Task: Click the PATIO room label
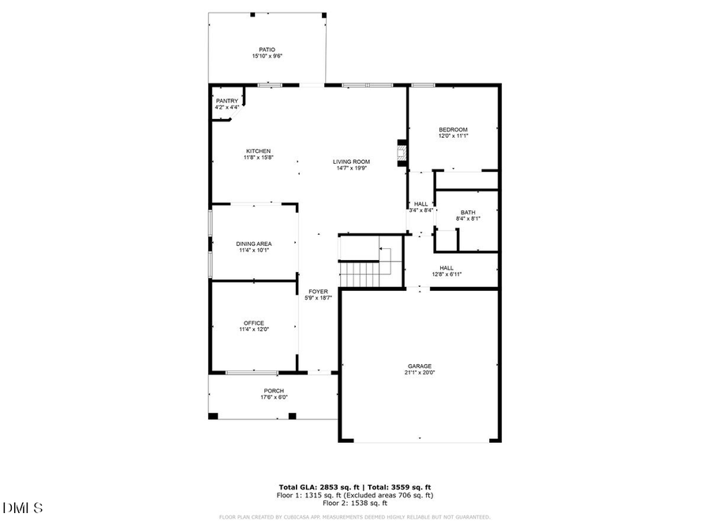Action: [x=267, y=49]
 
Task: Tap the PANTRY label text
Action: [x=227, y=101]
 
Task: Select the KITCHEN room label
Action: [x=258, y=151]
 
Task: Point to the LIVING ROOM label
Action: [x=351, y=162]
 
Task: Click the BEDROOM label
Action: [x=453, y=129]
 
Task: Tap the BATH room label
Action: [x=468, y=212]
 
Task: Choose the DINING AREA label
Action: [x=253, y=244]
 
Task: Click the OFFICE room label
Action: [x=253, y=322]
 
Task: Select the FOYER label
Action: [x=318, y=291]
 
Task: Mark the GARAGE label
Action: [x=419, y=366]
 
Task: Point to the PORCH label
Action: [x=274, y=391]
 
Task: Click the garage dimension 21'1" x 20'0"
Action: [x=419, y=373]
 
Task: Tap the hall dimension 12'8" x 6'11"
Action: [x=447, y=274]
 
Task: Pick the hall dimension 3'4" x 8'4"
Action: [x=420, y=210]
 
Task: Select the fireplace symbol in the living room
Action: [x=402, y=152]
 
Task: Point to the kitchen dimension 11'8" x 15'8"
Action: [x=258, y=158]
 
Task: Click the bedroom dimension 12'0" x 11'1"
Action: [x=453, y=136]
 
